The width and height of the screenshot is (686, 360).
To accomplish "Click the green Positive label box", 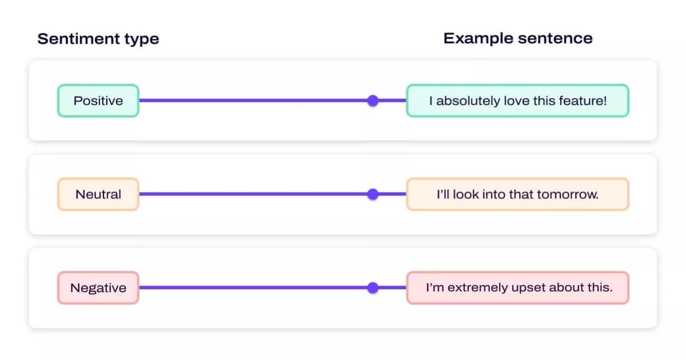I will (x=98, y=101).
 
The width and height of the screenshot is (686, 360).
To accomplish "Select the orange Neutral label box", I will (x=98, y=194).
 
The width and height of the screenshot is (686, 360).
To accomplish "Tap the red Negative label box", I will (x=98, y=288).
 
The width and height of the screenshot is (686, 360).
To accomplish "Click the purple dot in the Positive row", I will (x=373, y=101).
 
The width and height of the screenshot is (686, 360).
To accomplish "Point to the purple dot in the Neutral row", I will (x=373, y=194).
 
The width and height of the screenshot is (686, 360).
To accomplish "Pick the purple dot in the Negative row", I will (x=373, y=288).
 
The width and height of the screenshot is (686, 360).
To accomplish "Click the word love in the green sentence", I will (x=516, y=101).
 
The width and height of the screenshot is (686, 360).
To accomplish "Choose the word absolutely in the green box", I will (x=467, y=101).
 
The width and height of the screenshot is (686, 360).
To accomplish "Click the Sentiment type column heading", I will (x=98, y=39).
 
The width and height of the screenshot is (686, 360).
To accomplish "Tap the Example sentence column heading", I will (x=518, y=39).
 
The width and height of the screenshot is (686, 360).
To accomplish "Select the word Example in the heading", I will (x=478, y=39).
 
